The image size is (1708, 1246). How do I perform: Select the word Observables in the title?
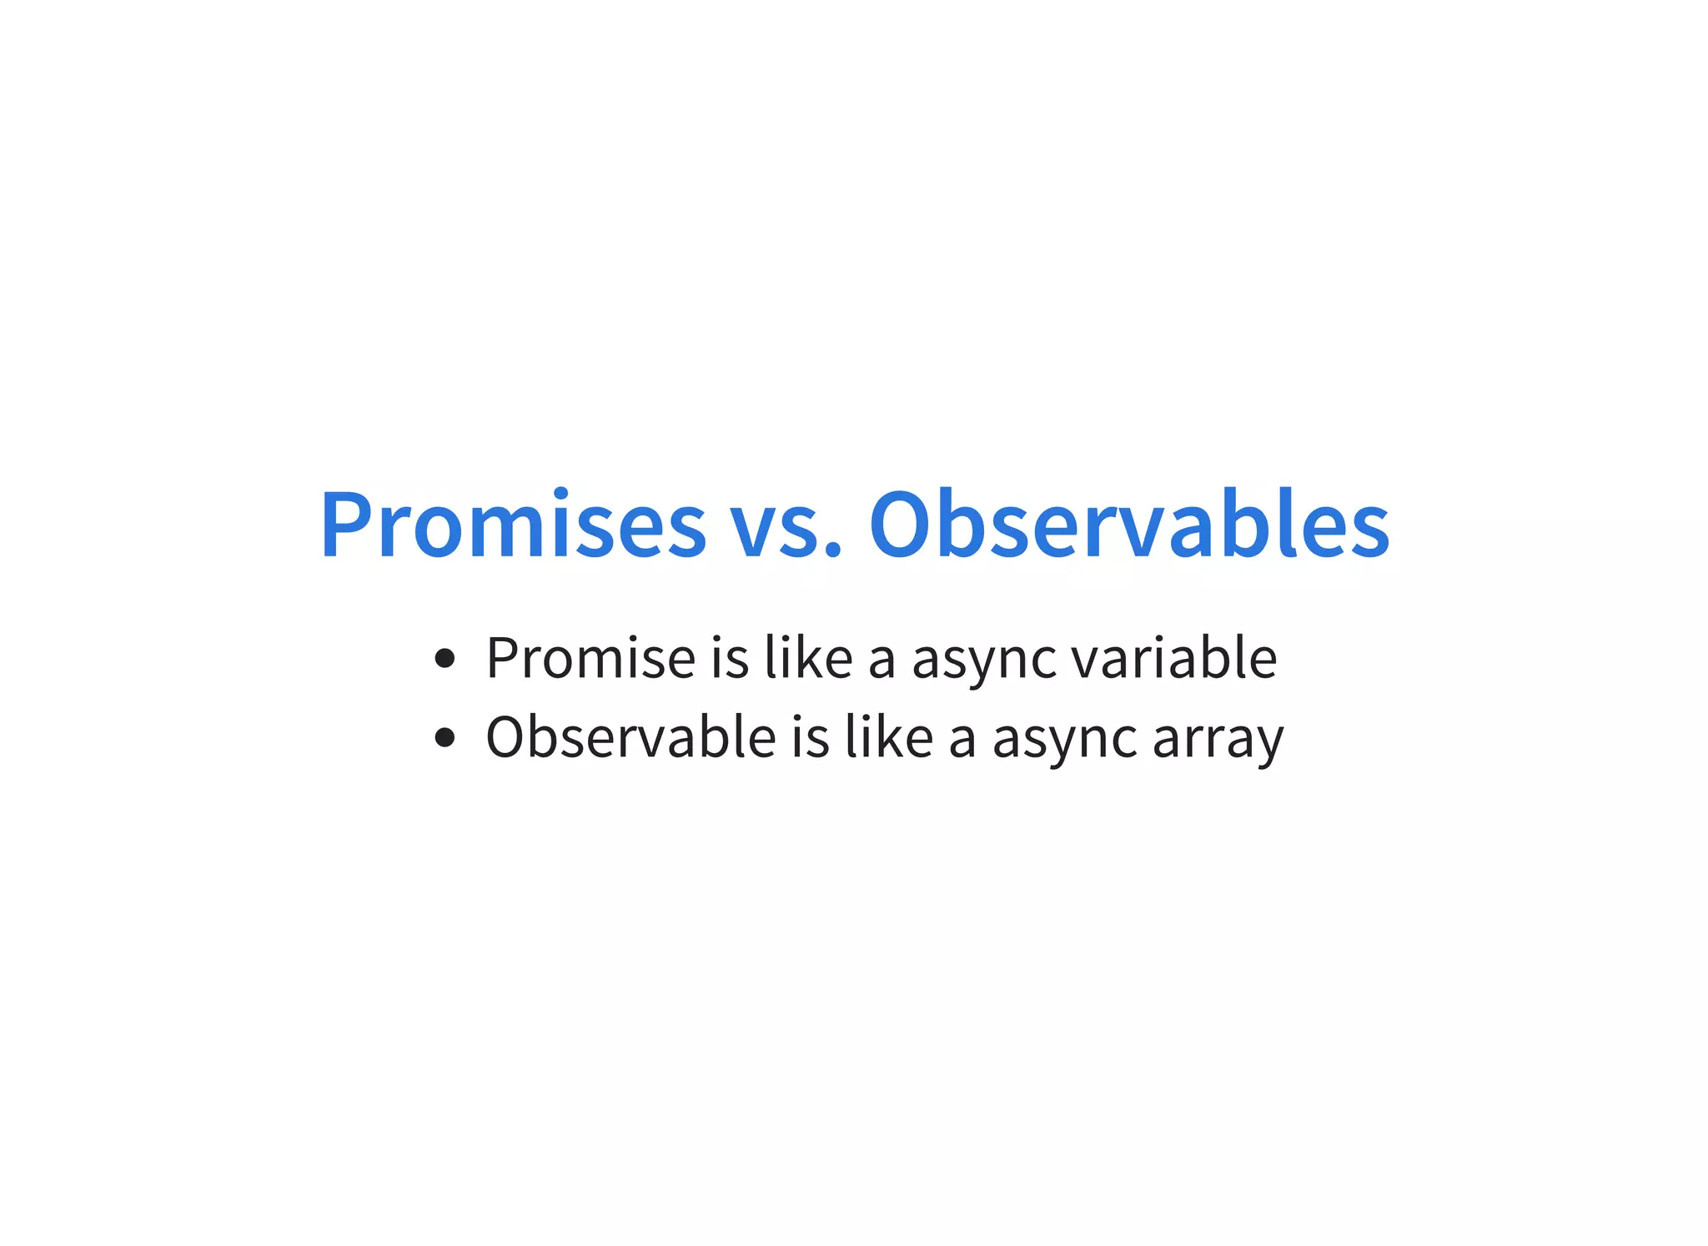[x=1129, y=524]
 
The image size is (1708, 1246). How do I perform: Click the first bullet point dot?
[x=445, y=659]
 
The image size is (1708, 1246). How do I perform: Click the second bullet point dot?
[x=445, y=737]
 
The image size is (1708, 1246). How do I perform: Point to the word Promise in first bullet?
[x=590, y=658]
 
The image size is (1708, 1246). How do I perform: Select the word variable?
[x=1173, y=658]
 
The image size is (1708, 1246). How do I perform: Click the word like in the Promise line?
[x=808, y=658]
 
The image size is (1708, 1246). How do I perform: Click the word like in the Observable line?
[x=888, y=737]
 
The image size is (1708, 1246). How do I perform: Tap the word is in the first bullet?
[x=730, y=658]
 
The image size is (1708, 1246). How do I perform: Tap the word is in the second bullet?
[x=810, y=737]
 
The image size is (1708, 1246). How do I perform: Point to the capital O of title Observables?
[x=899, y=524]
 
